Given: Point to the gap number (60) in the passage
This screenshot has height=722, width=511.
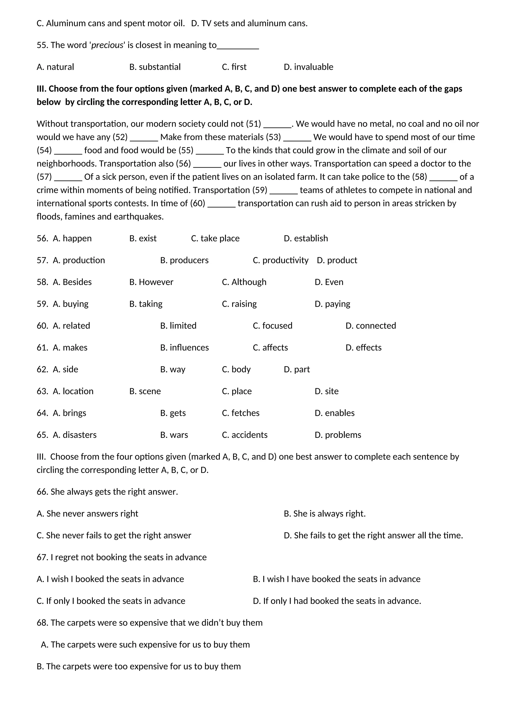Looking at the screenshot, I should [x=198, y=203].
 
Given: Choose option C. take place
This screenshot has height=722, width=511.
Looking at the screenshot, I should [x=215, y=238].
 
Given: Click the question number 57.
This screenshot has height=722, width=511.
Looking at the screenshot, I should [x=42, y=260].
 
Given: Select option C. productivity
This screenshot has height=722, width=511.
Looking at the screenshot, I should [x=281, y=260].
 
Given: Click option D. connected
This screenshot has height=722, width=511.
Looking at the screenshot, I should [x=371, y=326].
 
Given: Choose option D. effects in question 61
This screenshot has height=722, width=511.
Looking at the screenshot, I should [x=364, y=348].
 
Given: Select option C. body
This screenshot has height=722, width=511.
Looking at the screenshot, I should [x=236, y=369].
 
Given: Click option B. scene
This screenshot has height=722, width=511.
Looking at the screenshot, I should [x=145, y=391].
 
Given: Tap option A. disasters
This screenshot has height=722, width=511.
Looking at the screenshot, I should [x=75, y=435].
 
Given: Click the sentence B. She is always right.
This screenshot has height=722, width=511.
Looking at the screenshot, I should [x=324, y=514].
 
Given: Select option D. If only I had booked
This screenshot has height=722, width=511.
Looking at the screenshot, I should [x=337, y=601].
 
